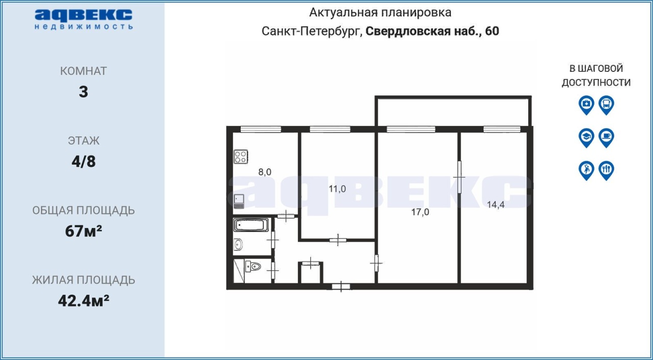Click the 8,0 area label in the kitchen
coord(265,172)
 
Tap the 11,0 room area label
coord(337,189)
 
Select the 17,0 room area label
coord(420,212)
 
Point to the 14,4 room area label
coord(495,205)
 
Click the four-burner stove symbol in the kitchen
coord(241,157)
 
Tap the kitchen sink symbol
coord(239,201)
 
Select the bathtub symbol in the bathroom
coord(251,225)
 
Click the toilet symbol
coord(253,266)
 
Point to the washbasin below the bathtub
coord(238,245)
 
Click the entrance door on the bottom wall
coord(341,287)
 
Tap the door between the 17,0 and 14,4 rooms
coord(459,177)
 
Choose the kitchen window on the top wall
coord(261,130)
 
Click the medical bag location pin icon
coord(586,105)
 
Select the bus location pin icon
coord(607,105)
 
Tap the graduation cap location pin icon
coord(586,138)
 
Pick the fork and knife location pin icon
coord(607,171)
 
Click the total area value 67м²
coord(83,232)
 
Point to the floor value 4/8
coord(84,161)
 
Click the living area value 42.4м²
coord(84,301)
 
